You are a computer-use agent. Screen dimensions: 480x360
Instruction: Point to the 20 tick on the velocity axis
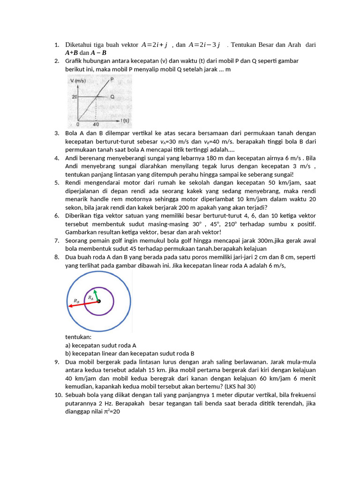point(74,97)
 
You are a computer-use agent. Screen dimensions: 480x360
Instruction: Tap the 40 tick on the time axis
point(96,125)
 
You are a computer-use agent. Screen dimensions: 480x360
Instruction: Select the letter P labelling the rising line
point(112,80)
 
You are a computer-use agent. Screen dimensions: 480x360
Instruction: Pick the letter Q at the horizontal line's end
point(112,97)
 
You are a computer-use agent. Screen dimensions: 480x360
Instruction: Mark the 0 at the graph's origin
point(78,125)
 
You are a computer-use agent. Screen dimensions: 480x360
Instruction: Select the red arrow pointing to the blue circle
point(82,303)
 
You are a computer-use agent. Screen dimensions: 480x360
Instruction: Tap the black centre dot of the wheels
point(98,301)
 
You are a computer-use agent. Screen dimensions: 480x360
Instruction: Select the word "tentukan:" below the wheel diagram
point(78,337)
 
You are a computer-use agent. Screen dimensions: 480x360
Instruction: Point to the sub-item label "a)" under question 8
point(68,345)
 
